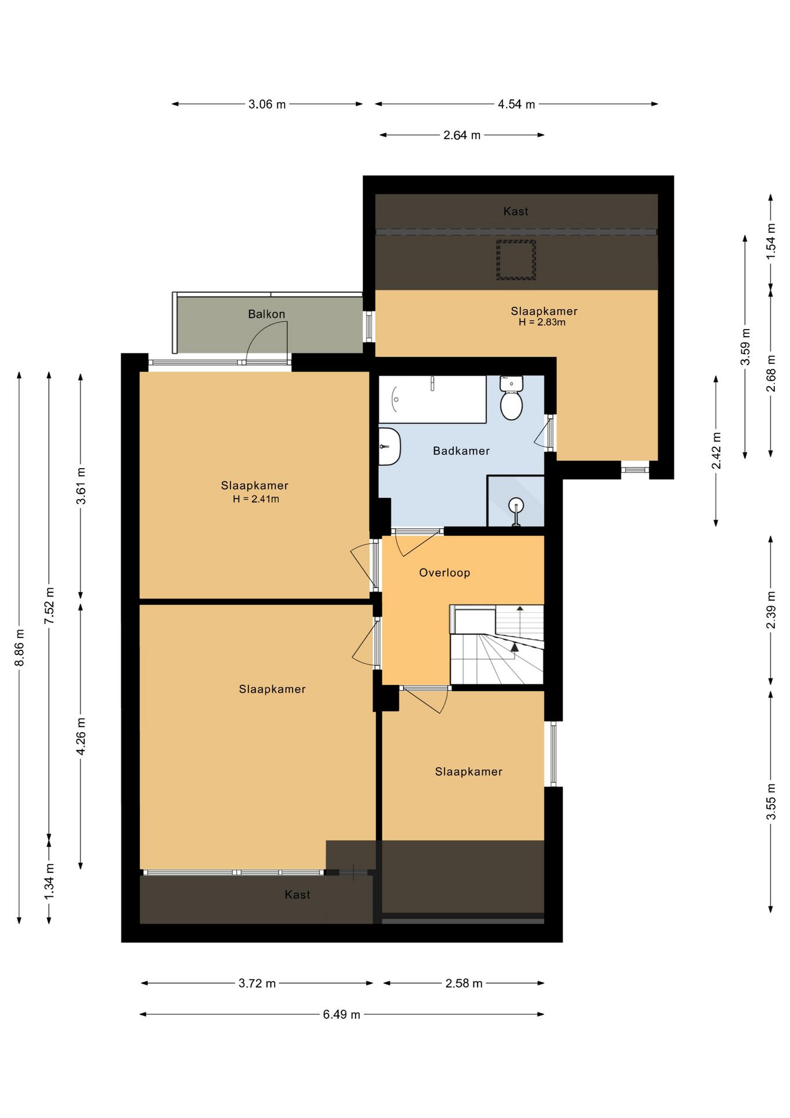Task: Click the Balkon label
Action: click(x=266, y=314)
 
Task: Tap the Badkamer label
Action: click(x=461, y=451)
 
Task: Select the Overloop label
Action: click(x=444, y=573)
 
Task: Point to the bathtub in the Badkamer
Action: click(x=433, y=399)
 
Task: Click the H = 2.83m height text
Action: click(x=542, y=323)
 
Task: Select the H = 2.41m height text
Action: click(x=256, y=499)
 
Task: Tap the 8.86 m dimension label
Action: click(x=20, y=648)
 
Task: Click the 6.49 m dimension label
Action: click(x=341, y=1014)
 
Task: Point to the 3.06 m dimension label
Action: click(x=267, y=105)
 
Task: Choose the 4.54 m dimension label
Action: click(x=516, y=105)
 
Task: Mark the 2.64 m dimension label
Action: click(x=462, y=136)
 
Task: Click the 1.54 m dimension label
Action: click(x=771, y=241)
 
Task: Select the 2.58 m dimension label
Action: click(x=464, y=983)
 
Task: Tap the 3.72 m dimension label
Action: click(x=257, y=983)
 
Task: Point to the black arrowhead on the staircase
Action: click(x=514, y=646)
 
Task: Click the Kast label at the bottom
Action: click(x=297, y=895)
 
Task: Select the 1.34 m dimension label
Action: click(x=49, y=881)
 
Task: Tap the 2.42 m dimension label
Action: click(x=716, y=450)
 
